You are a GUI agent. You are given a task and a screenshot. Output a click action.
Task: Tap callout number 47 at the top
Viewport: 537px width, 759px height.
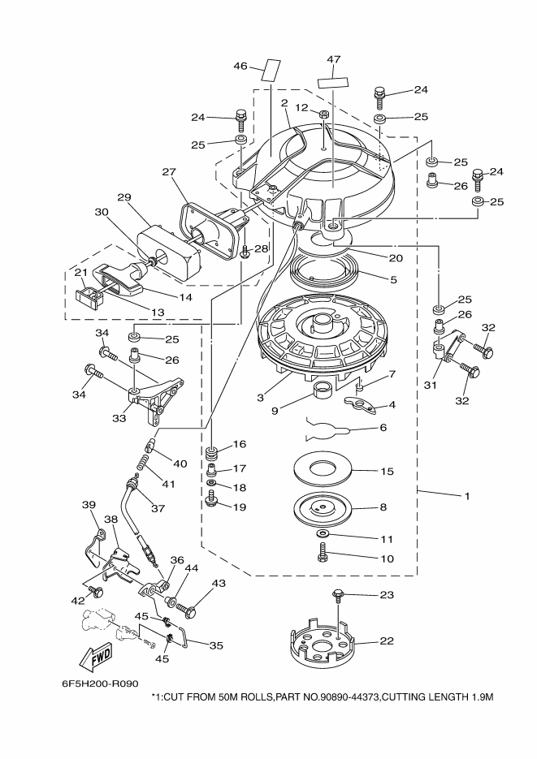[x=334, y=59]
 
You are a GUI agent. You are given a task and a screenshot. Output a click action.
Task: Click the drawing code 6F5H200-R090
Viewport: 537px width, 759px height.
[x=100, y=684]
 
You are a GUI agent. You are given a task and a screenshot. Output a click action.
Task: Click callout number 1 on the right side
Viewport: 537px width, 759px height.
[x=467, y=496]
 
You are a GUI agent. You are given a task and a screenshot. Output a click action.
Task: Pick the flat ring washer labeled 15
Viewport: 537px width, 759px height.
[x=323, y=469]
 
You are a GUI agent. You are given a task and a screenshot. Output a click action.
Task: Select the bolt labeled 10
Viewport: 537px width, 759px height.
[x=323, y=552]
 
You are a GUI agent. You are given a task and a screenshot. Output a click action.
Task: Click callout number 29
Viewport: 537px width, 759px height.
[x=124, y=197]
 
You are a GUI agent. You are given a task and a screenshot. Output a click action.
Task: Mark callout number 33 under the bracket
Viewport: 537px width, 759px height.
[x=119, y=418]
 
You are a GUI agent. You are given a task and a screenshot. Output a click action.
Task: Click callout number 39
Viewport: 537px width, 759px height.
[x=89, y=504]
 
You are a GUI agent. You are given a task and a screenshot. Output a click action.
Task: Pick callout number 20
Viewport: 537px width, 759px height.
[x=396, y=258]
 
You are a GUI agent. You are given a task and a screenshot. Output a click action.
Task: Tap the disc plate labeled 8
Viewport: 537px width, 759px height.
[x=323, y=507]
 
